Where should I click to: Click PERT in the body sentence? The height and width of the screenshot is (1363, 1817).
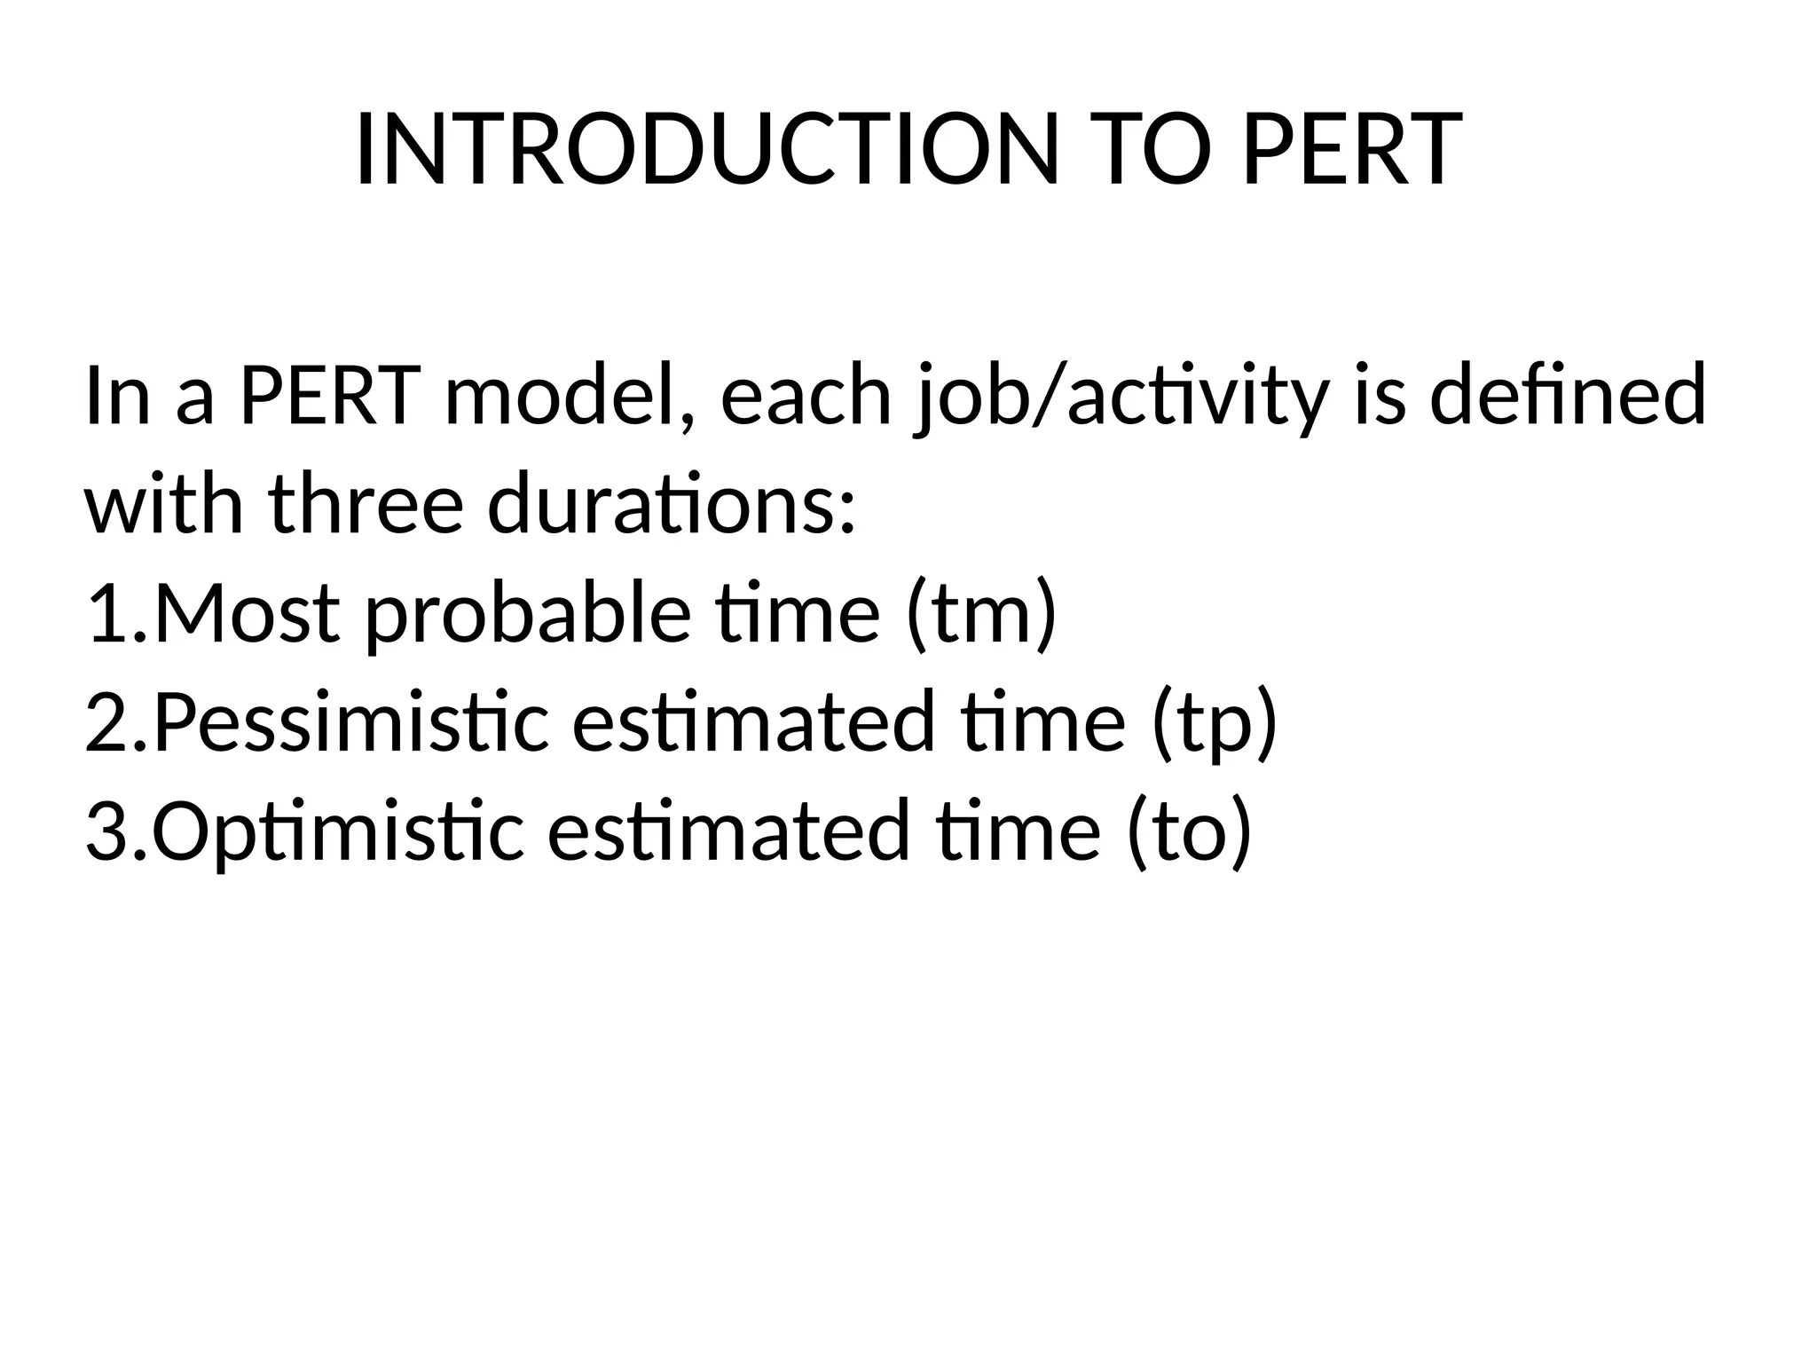[x=329, y=395]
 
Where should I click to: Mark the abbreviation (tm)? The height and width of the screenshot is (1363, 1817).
[x=981, y=614]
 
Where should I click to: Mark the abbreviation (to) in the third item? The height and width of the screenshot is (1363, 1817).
[x=1189, y=832]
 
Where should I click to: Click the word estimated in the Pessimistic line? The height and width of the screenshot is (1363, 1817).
[x=753, y=723]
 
